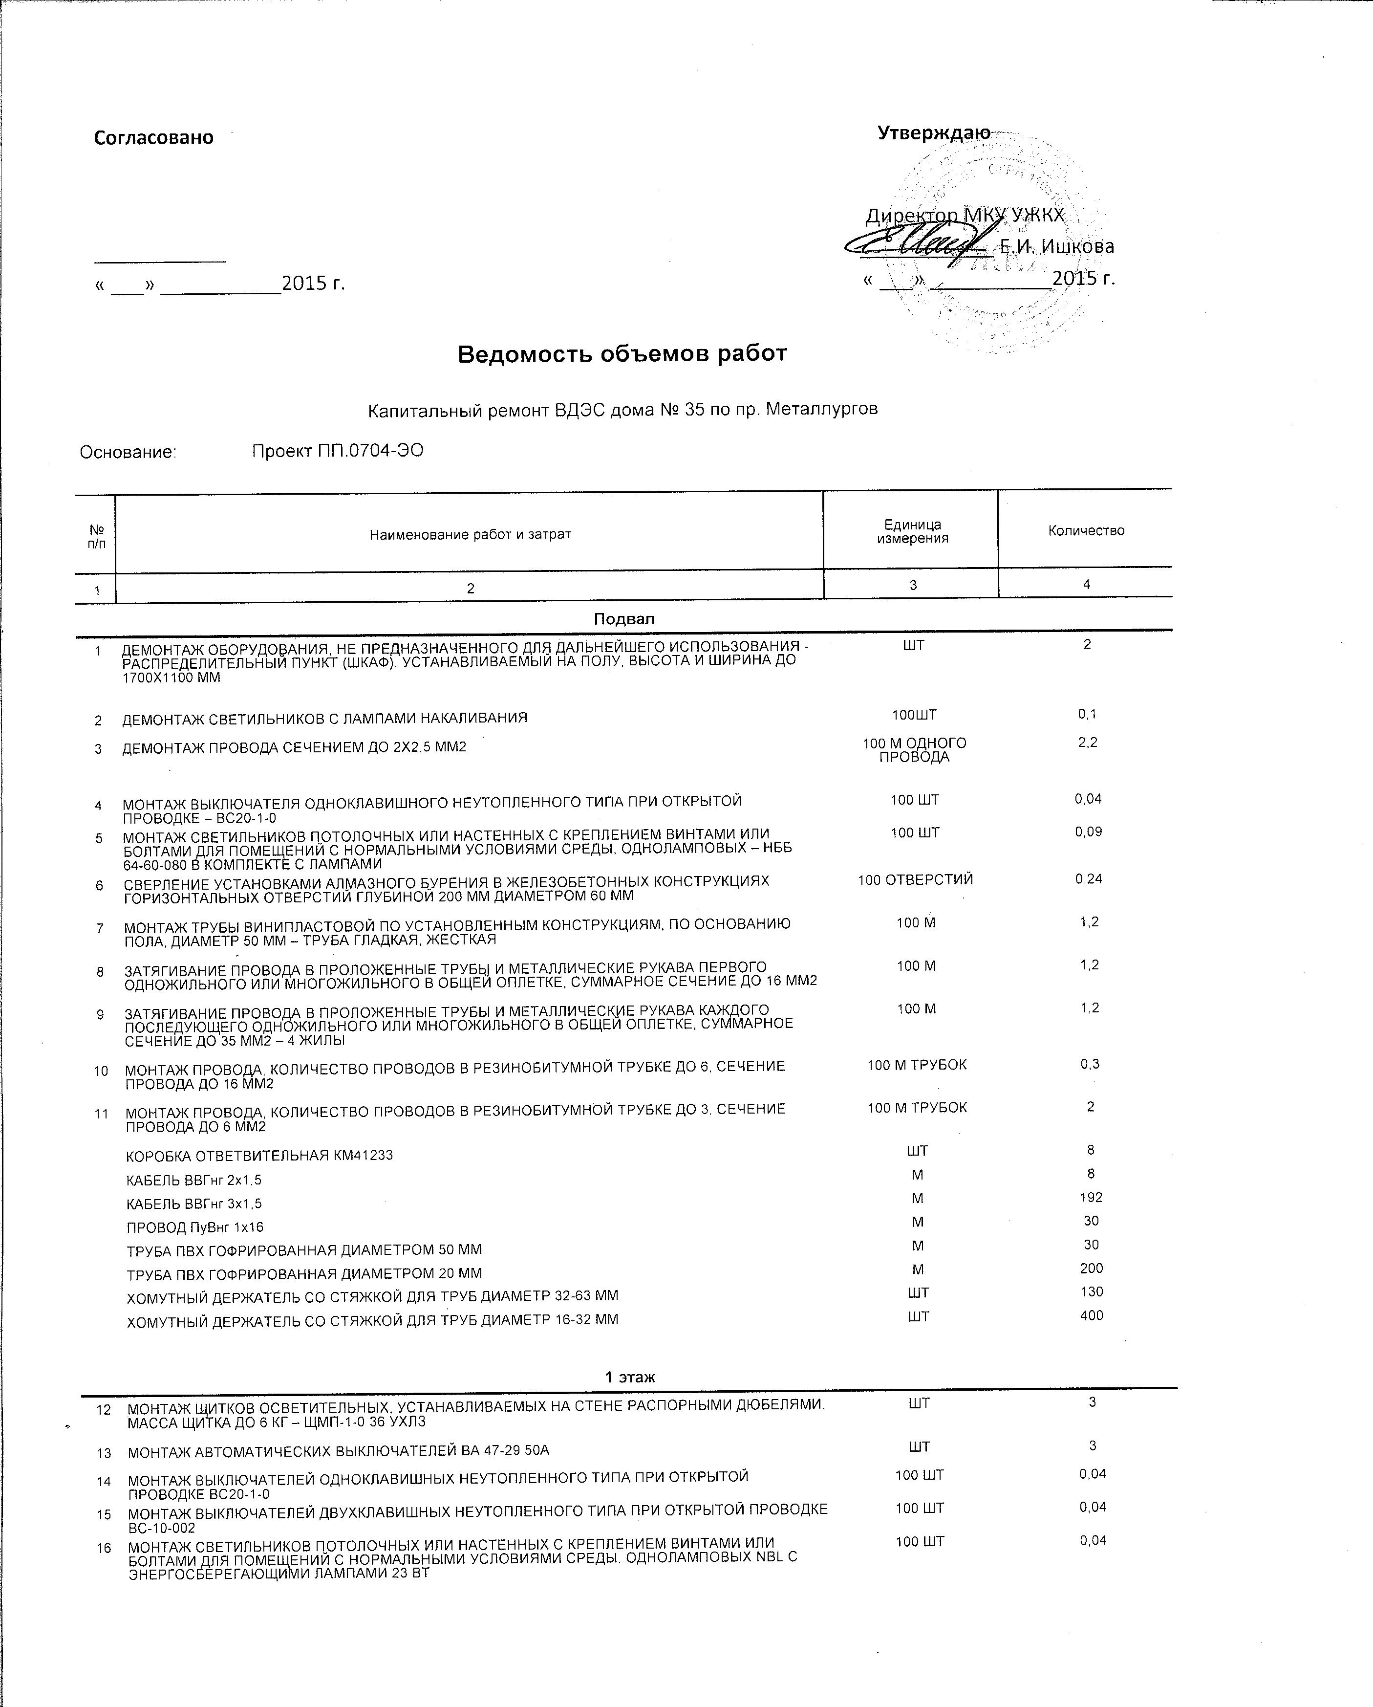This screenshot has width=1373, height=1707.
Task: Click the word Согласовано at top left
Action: [x=153, y=138]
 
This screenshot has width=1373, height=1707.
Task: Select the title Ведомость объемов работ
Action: [x=622, y=354]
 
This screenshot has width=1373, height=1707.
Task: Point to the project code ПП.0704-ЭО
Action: [x=337, y=451]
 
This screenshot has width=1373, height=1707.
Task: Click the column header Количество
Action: [x=1086, y=530]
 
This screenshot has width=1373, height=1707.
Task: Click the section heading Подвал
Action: [x=624, y=618]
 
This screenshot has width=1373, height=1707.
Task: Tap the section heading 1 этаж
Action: [x=630, y=1377]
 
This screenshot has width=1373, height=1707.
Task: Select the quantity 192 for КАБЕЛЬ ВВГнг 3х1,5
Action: [x=1091, y=1198]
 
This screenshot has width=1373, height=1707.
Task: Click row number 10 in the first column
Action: [x=101, y=1071]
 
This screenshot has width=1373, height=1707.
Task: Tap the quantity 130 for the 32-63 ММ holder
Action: [x=1091, y=1291]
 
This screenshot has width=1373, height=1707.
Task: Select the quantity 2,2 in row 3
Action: [x=1087, y=743]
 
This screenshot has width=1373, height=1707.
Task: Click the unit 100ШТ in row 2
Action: [x=914, y=715]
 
